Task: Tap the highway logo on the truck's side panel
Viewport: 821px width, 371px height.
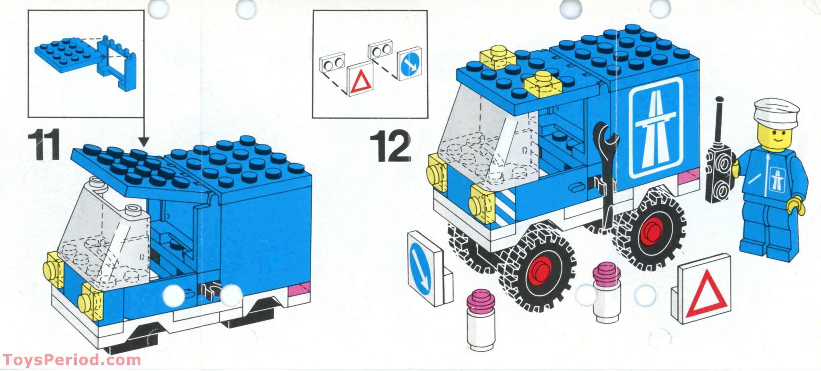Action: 656,127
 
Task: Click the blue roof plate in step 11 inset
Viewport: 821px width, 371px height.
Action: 66,54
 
